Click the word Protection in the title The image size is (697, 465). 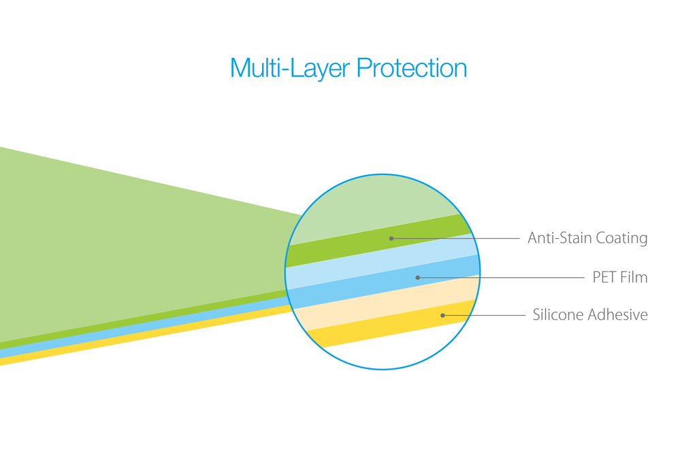[412, 68]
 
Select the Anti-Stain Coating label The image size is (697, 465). [587, 238]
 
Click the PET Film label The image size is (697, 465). [619, 277]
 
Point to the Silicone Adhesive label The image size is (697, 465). [590, 315]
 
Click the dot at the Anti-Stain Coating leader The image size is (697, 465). [391, 239]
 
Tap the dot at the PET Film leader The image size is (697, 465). [417, 277]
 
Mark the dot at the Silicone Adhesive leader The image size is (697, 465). [442, 315]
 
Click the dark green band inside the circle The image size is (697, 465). [378, 240]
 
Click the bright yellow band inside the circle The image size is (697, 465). [391, 323]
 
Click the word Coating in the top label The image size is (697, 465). [621, 238]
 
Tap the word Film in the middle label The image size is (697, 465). [634, 277]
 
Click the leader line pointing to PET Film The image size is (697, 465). [501, 277]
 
